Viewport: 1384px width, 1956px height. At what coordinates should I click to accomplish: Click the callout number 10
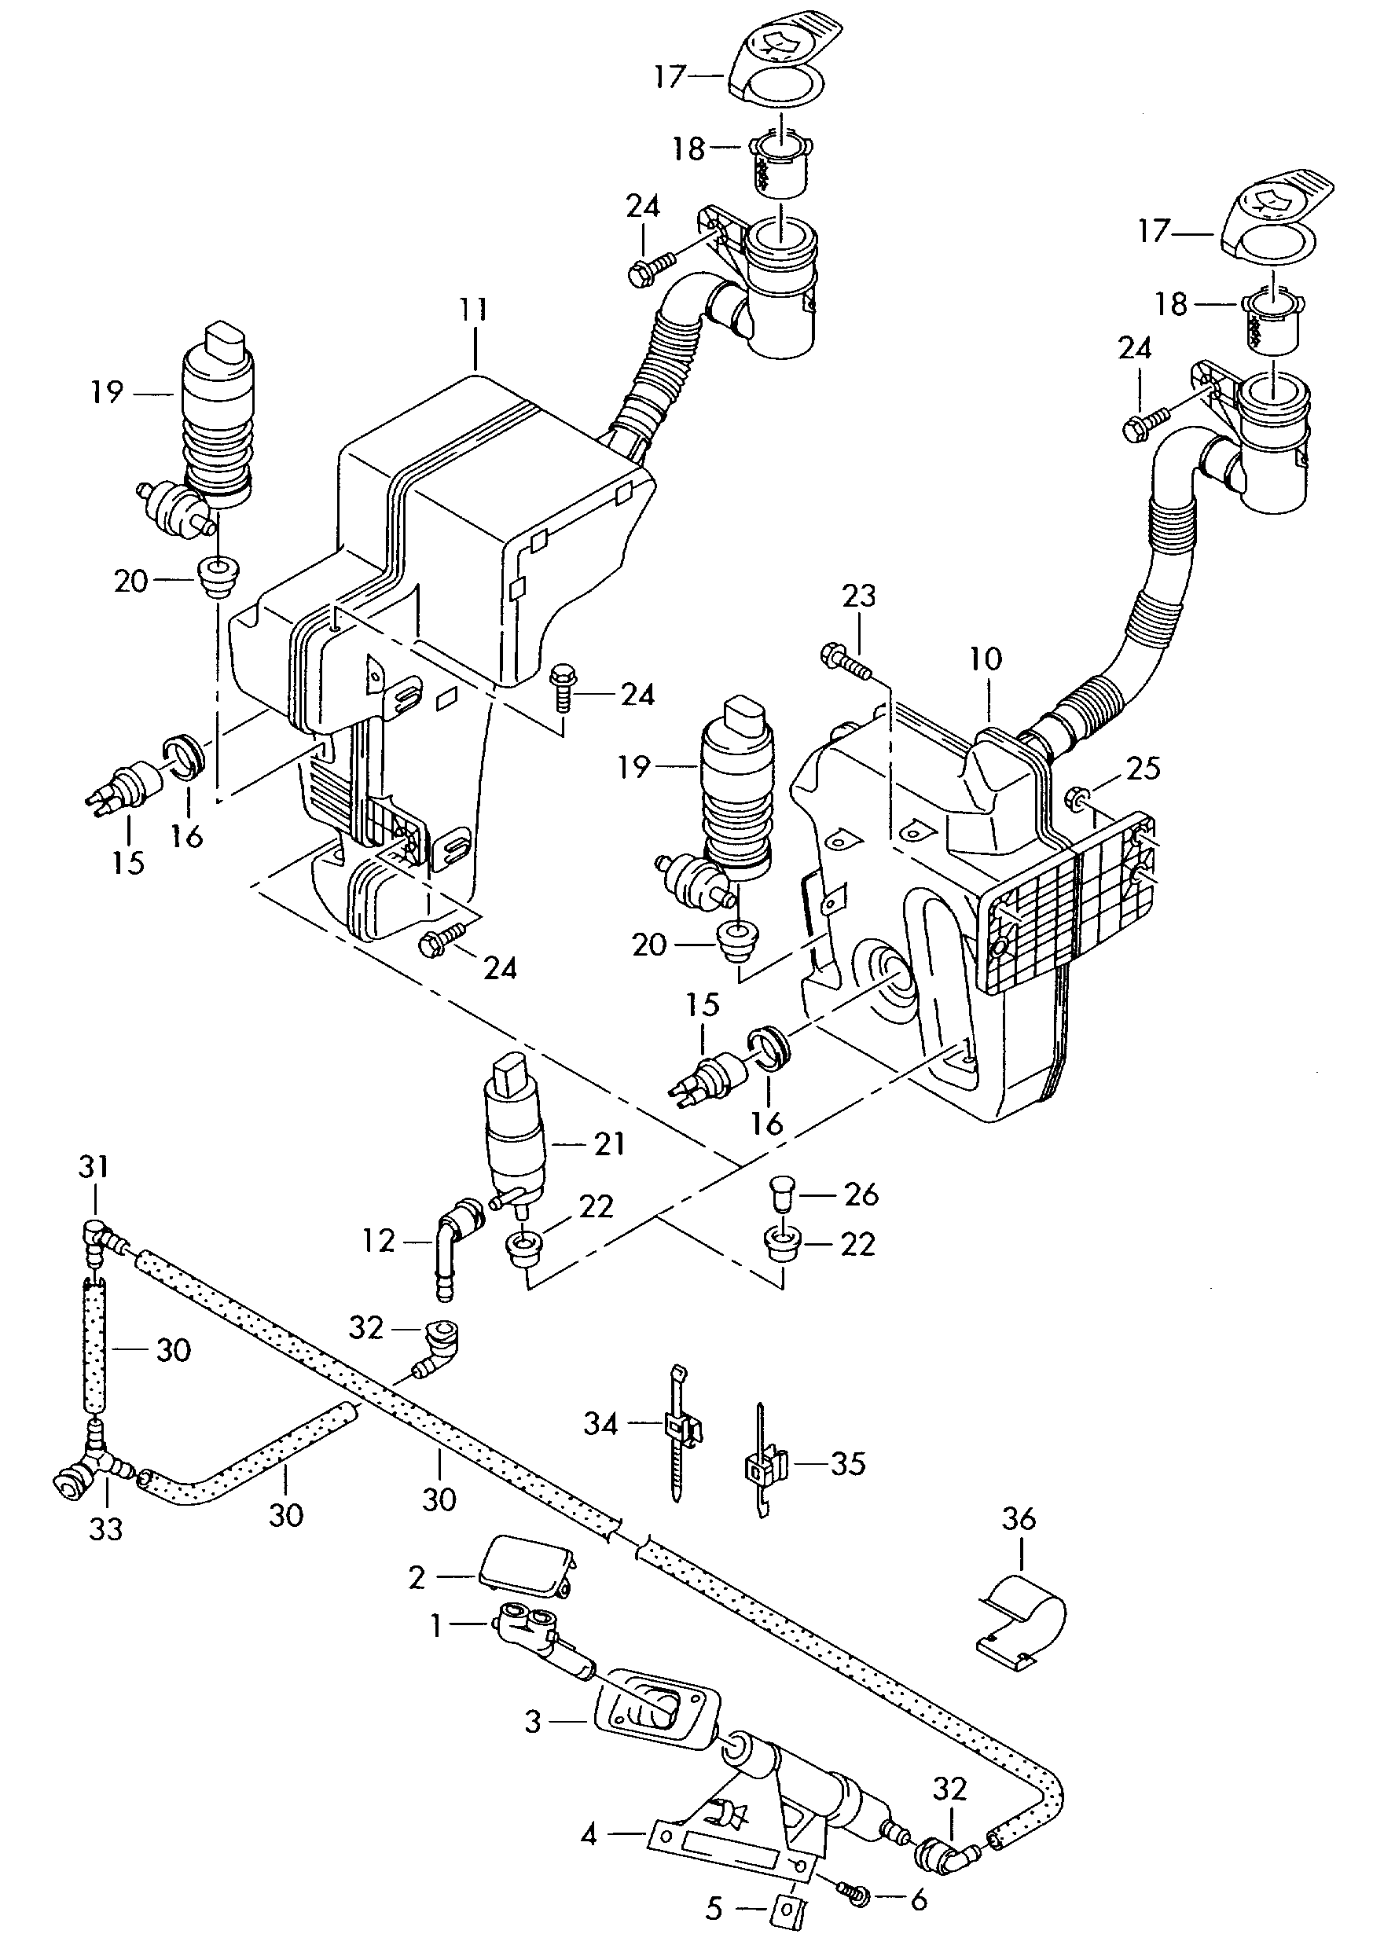pyautogui.click(x=986, y=659)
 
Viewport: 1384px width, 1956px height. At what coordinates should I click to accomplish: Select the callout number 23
pyautogui.click(x=858, y=596)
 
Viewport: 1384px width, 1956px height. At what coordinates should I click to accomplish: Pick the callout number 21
pyautogui.click(x=609, y=1143)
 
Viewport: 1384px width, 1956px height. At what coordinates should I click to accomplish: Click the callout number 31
pyautogui.click(x=94, y=1166)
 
